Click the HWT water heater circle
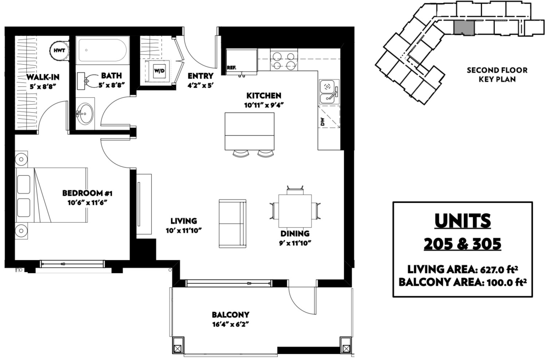point(59,51)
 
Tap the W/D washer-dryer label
point(159,71)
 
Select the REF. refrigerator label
point(232,68)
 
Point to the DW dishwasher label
point(323,122)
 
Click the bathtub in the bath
point(102,51)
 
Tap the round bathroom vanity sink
point(84,114)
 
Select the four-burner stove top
point(284,60)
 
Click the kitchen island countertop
point(249,131)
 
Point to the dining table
point(295,211)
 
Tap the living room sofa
point(232,223)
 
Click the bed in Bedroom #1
point(51,195)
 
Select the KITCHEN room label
point(264,95)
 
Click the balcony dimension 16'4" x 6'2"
point(231,325)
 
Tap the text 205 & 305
point(463,244)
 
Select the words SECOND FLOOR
point(497,70)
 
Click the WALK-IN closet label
point(43,77)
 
